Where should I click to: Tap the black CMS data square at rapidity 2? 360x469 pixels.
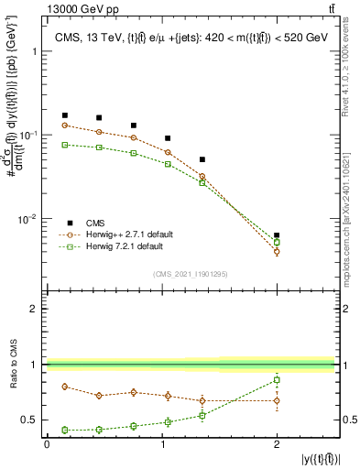click(277, 235)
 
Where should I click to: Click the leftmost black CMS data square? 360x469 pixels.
click(64, 115)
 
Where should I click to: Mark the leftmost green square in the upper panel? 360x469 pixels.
click(64, 145)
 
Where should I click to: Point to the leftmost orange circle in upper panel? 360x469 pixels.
click(64, 125)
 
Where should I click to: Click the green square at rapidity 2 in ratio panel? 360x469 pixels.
click(277, 379)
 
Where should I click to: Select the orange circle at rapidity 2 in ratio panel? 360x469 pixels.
click(277, 400)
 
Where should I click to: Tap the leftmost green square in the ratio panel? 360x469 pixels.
click(64, 430)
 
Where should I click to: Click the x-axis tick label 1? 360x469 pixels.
click(161, 443)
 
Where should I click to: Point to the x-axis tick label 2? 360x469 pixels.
click(277, 443)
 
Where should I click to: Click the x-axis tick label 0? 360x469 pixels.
click(47, 443)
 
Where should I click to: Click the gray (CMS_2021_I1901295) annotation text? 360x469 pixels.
click(190, 274)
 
